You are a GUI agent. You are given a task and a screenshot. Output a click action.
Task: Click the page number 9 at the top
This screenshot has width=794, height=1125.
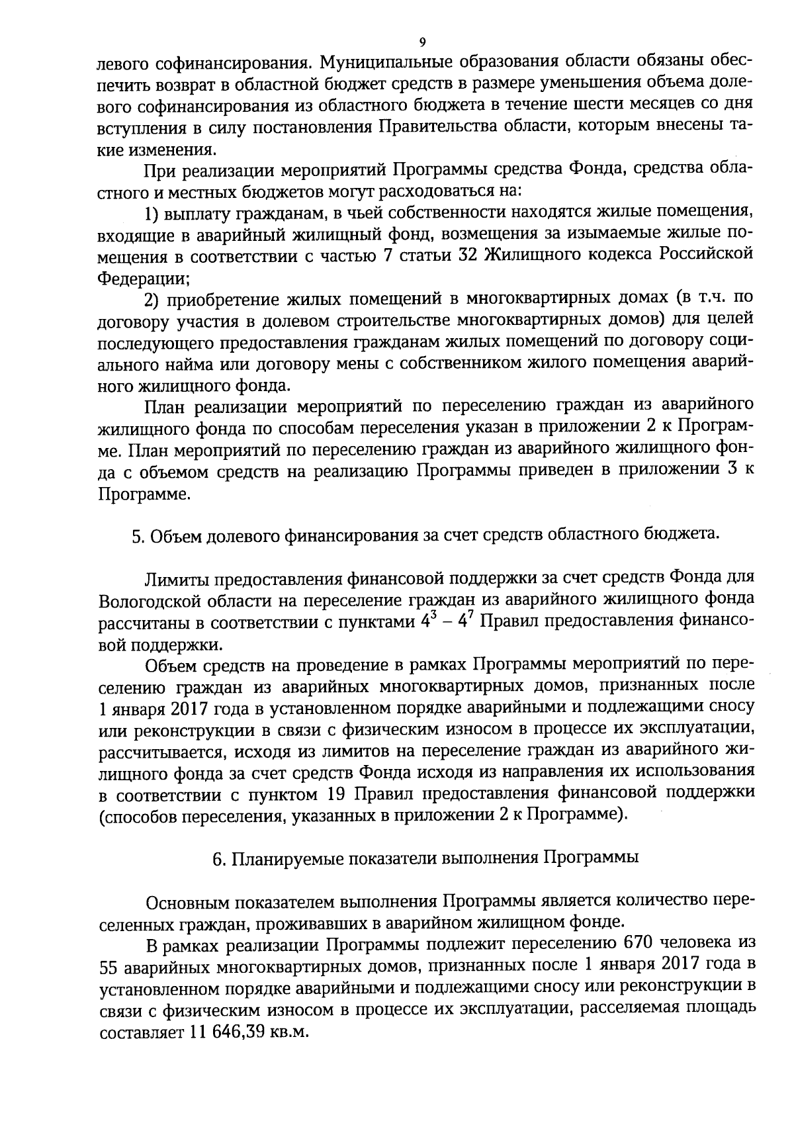click(422, 42)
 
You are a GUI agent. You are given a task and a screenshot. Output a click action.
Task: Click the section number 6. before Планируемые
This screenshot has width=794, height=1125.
click(218, 859)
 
